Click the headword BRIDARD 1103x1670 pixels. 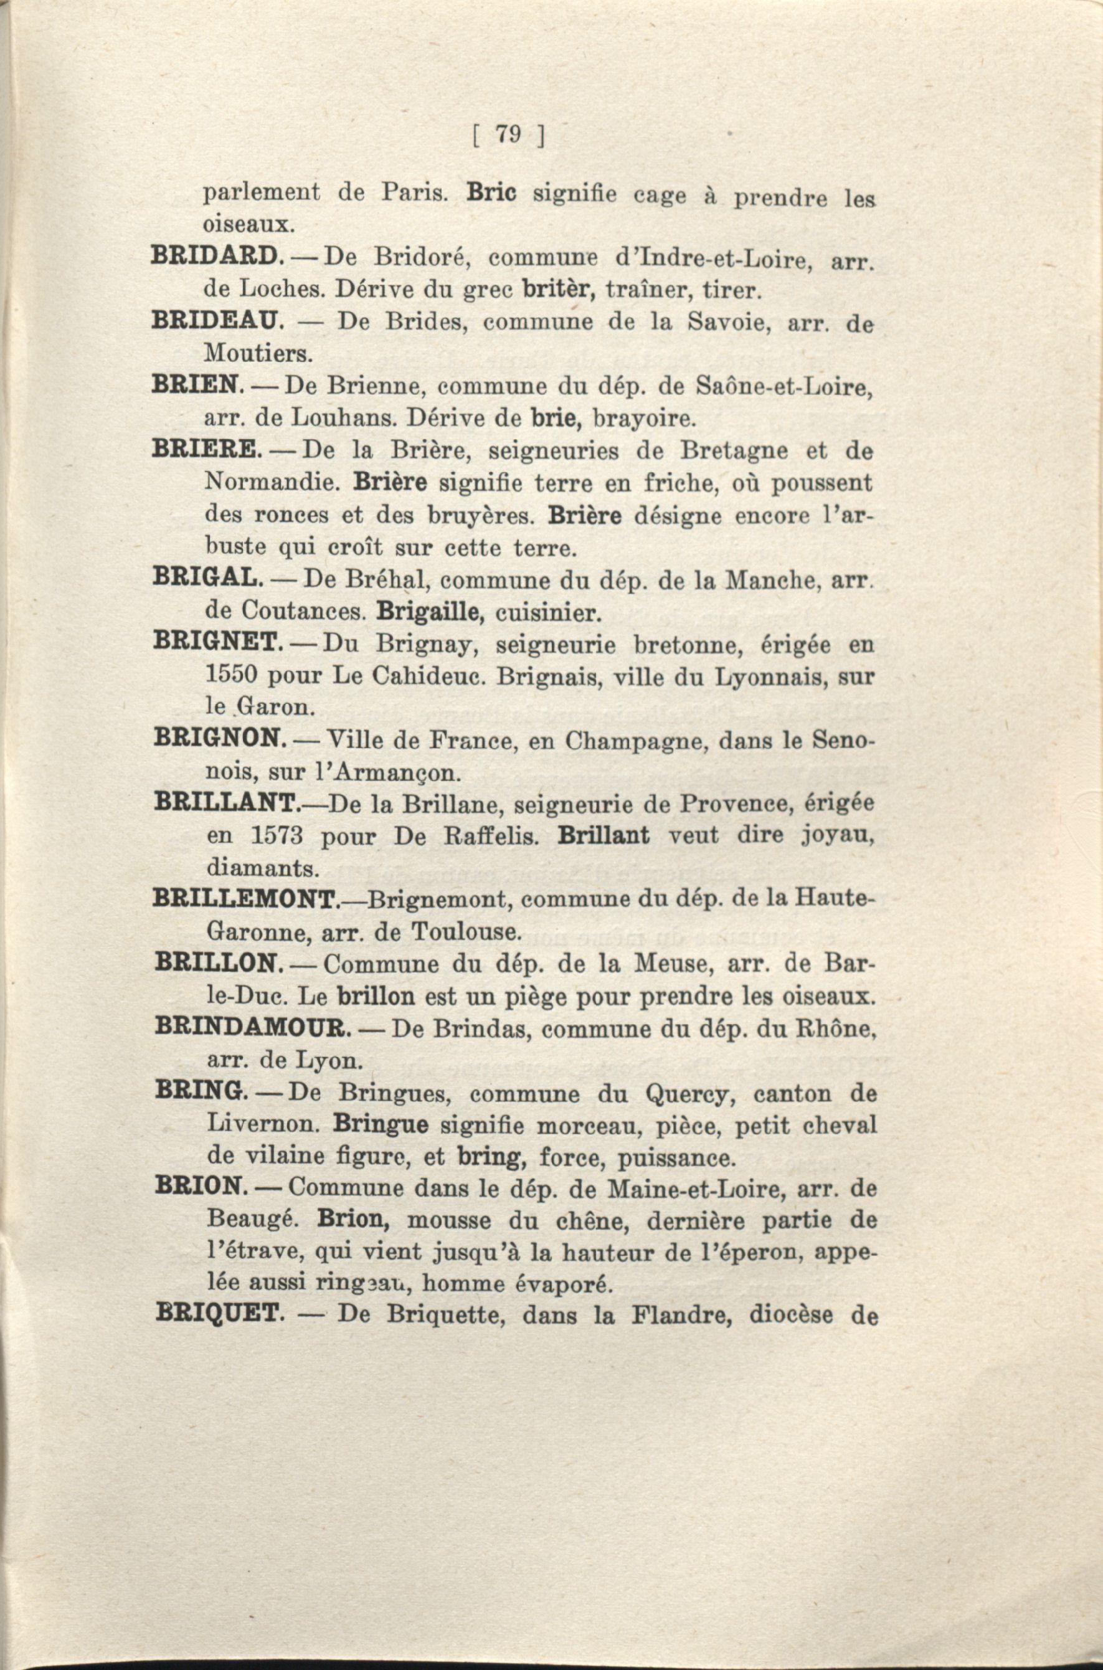pyautogui.click(x=217, y=257)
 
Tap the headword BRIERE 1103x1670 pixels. pyautogui.click(x=207, y=450)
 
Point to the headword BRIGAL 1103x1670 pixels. pyautogui.click(x=208, y=578)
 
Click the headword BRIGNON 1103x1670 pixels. pyautogui.click(x=219, y=739)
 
